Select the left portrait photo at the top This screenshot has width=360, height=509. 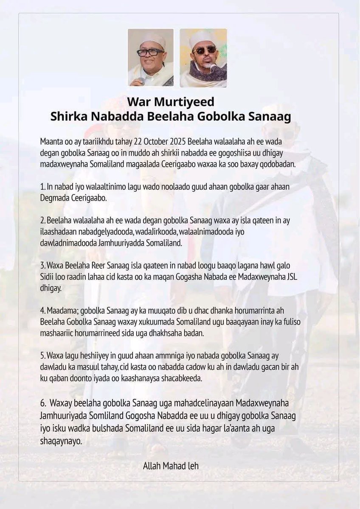(151, 57)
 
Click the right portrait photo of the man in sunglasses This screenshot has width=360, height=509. (203, 57)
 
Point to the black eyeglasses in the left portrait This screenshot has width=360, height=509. (150, 52)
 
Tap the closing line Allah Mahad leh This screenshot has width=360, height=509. (171, 466)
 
